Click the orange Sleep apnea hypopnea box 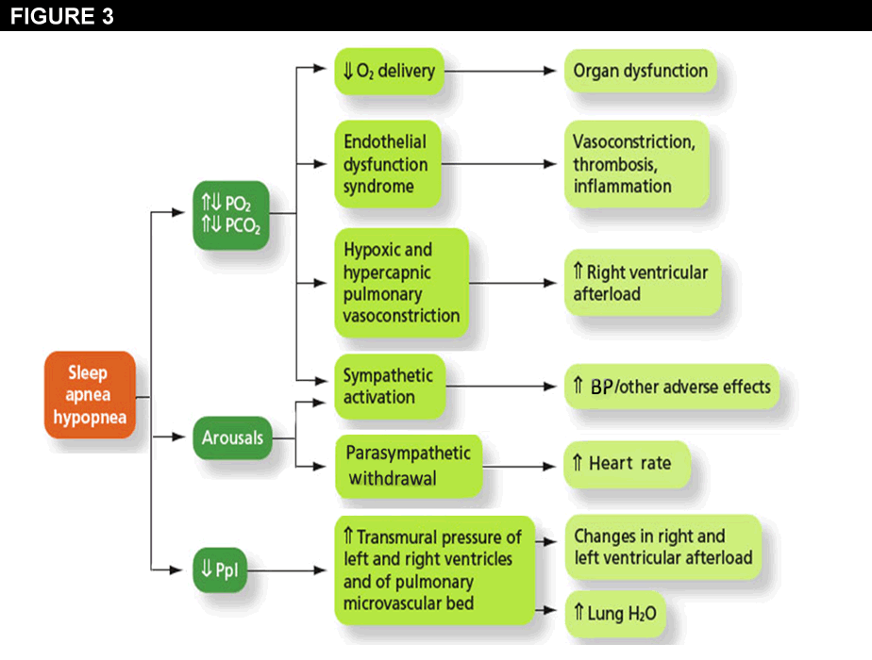pyautogui.click(x=91, y=397)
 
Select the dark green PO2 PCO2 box pyautogui.click(x=230, y=214)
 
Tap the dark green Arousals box pyautogui.click(x=231, y=437)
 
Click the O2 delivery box pyautogui.click(x=388, y=72)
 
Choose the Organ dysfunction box pyautogui.click(x=640, y=72)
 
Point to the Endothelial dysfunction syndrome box pyautogui.click(x=387, y=164)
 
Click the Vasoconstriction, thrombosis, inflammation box pyautogui.click(x=636, y=164)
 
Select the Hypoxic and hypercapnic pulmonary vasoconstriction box pyautogui.click(x=401, y=282)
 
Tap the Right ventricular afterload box pyautogui.click(x=642, y=282)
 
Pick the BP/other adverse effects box pyautogui.click(x=672, y=387)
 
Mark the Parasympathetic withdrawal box pyautogui.click(x=409, y=465)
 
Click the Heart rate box pyautogui.click(x=626, y=464)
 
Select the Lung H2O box pyautogui.click(x=614, y=615)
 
